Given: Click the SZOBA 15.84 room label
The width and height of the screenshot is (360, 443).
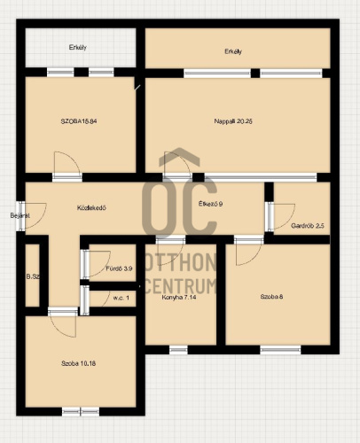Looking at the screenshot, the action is tap(79, 121).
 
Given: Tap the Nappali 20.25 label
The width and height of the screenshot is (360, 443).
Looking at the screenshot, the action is tap(233, 121).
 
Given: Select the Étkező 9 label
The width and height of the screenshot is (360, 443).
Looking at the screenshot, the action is tap(210, 204).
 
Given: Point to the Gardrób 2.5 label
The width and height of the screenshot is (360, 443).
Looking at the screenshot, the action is tap(308, 226).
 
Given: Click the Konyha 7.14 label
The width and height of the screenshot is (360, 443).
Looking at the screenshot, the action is tap(179, 298).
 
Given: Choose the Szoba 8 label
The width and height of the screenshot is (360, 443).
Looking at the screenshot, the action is tap(271, 297).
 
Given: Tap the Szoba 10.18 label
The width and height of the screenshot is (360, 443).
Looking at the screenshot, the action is tap(78, 363).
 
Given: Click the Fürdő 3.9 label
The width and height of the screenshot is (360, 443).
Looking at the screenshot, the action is tap(119, 268).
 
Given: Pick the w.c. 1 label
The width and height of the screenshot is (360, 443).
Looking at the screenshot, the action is tap(121, 298).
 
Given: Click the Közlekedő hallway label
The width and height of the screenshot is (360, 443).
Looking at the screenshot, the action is tap(91, 208).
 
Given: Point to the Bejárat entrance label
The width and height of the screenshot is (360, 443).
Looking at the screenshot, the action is tap(20, 215).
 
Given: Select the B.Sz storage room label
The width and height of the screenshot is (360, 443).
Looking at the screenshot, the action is tap(33, 277).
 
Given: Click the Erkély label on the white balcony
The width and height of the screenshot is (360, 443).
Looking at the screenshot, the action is tap(78, 47).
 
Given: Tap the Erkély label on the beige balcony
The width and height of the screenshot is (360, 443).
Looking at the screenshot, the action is tap(233, 51).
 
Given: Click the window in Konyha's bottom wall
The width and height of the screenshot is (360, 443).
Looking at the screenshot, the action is tap(178, 350).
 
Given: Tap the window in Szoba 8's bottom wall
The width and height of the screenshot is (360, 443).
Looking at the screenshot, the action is tap(280, 350).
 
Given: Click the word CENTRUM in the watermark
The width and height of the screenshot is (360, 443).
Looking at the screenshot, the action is tap(181, 286).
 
